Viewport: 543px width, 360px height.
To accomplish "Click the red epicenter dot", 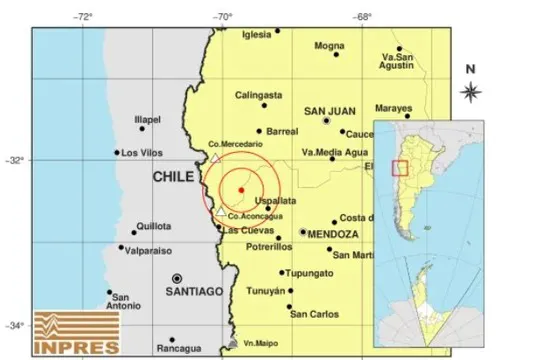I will (241, 188).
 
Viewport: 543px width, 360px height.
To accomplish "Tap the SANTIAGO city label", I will (197, 291).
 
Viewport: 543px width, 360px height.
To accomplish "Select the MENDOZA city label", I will (334, 233).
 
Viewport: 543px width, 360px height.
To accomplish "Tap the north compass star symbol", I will (471, 92).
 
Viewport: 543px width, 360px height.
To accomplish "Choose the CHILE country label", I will (173, 176).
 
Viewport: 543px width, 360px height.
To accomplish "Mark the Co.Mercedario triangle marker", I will (213, 157).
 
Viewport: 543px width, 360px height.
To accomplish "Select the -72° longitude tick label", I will (83, 17).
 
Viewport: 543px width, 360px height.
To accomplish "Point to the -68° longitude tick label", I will (362, 17).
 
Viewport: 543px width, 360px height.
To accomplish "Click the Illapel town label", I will (147, 120).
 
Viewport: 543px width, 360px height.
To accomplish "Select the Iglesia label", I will (256, 35).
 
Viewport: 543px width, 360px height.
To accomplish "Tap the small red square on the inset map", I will (400, 167).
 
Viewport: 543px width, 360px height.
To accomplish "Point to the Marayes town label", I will (393, 107).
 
